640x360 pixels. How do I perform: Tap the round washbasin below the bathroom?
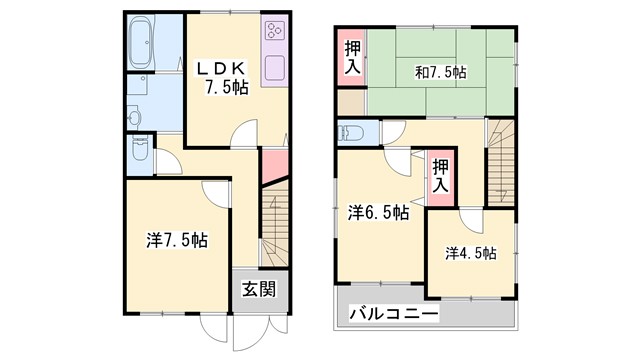pyautogui.click(x=136, y=116)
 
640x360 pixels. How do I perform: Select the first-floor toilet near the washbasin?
pyautogui.click(x=139, y=152)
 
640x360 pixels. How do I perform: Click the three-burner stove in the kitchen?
pyautogui.click(x=274, y=34)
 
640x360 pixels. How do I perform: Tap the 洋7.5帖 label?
pyautogui.click(x=177, y=240)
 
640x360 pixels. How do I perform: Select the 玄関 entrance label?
pyautogui.click(x=257, y=290)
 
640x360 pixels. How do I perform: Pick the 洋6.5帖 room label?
pyautogui.click(x=377, y=213)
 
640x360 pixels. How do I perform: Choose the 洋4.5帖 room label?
pyautogui.click(x=470, y=253)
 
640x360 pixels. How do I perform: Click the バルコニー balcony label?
pyautogui.click(x=393, y=314)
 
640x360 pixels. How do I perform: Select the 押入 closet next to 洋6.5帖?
pyautogui.click(x=439, y=176)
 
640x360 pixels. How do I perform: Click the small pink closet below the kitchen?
pyautogui.click(x=274, y=168)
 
